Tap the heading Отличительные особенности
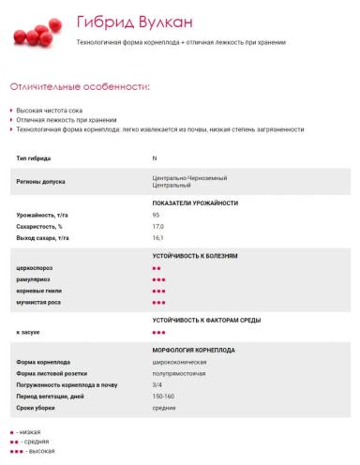point(80,86)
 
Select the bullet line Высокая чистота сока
point(47,111)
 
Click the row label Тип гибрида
point(35,158)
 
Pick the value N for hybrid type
point(155,158)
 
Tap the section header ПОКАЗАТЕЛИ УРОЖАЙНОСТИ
point(195,202)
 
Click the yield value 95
point(156,216)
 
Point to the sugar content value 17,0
point(157,227)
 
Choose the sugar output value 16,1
point(157,238)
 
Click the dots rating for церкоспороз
point(157,268)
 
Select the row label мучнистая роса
point(37,303)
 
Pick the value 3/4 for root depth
point(157,384)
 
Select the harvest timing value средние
point(164,408)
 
